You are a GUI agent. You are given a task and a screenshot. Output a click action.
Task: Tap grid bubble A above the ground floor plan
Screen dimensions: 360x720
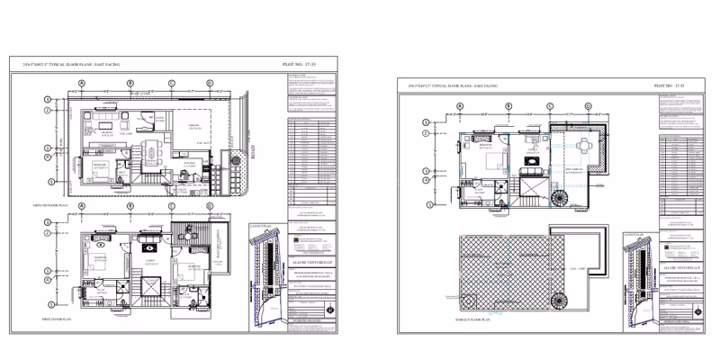(82, 82)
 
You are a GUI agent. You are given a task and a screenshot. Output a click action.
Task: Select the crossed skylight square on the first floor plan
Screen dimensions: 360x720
(148, 287)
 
